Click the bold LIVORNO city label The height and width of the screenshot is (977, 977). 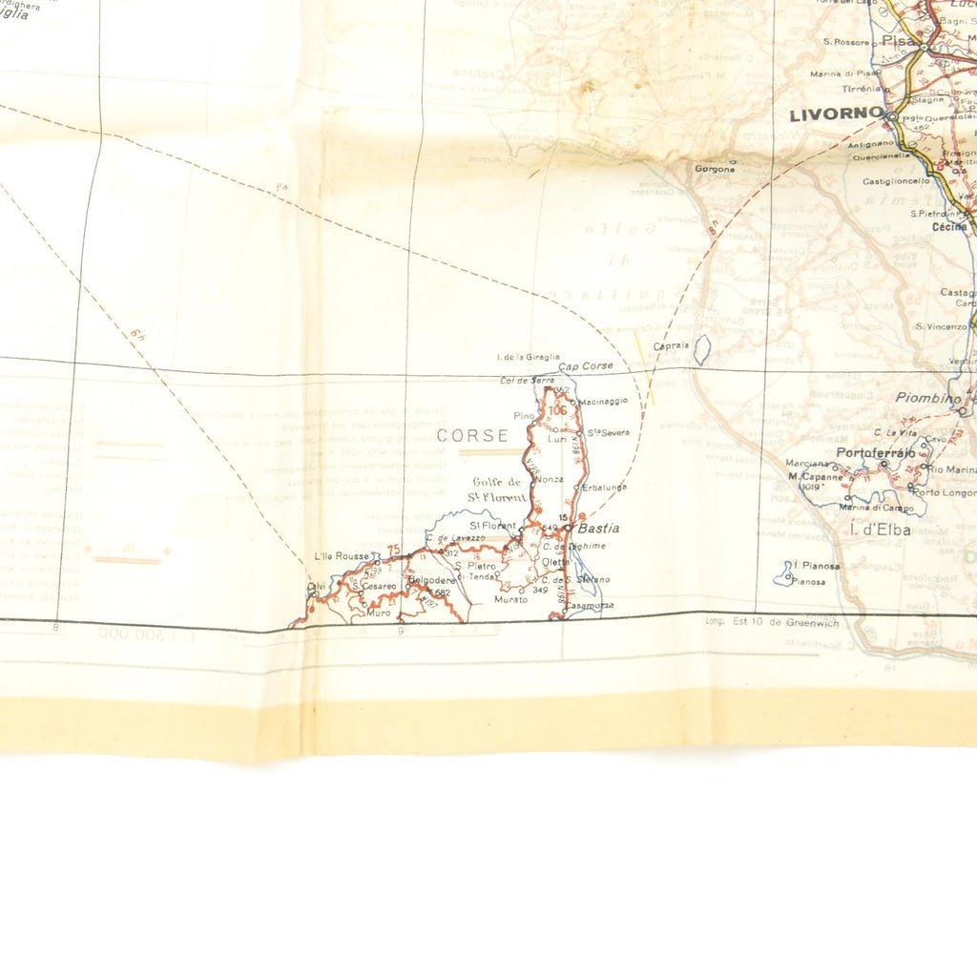(836, 114)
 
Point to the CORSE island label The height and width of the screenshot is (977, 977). (473, 436)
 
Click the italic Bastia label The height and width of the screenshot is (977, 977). (598, 528)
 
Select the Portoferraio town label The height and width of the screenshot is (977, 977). (875, 452)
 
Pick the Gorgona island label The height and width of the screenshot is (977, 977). (715, 169)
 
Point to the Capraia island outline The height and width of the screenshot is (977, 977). (701, 350)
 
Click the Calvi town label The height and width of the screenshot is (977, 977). (315, 586)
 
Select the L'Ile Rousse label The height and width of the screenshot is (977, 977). (341, 556)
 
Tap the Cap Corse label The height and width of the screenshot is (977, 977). (586, 366)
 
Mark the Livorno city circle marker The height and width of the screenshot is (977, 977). (891, 115)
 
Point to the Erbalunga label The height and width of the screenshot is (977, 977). (605, 488)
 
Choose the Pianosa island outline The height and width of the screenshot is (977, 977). (785, 572)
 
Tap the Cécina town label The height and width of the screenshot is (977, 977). (948, 227)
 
